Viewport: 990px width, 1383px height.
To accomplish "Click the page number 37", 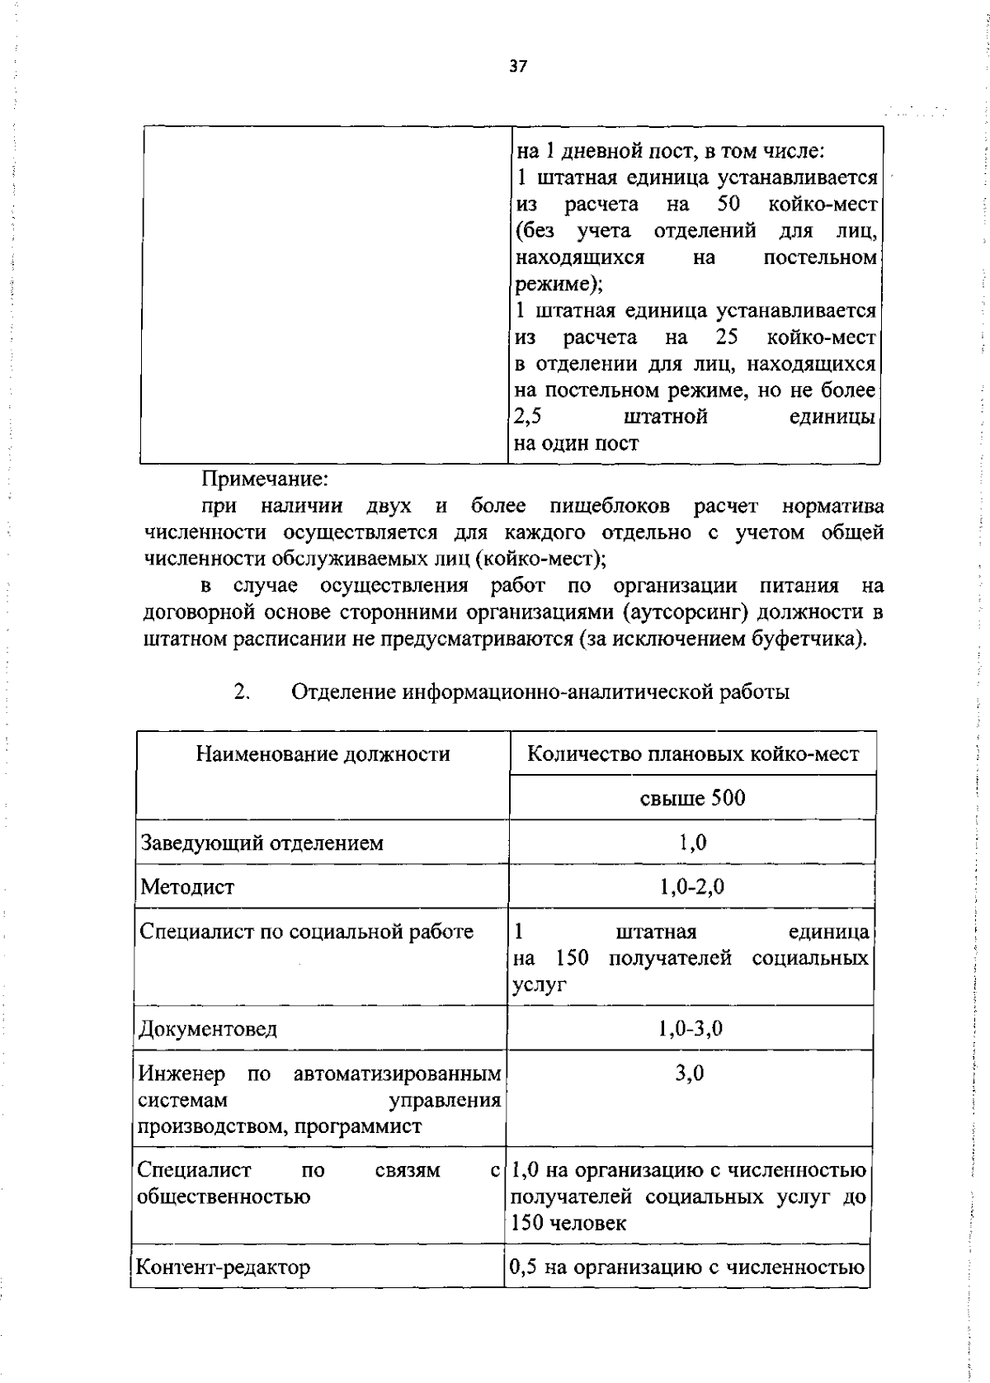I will click(517, 67).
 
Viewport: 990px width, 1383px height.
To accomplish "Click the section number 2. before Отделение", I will click(242, 691).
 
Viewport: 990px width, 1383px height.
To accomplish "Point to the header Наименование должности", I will click(323, 753).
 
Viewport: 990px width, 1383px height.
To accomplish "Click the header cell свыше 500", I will click(692, 798).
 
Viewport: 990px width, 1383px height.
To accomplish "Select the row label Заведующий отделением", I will click(262, 843).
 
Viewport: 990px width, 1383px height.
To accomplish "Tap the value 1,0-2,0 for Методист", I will click(691, 887).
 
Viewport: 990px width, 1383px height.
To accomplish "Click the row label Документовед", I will click(208, 1029).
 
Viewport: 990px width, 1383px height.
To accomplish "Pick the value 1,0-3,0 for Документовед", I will click(690, 1028).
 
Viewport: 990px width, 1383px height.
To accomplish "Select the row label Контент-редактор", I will click(223, 1267).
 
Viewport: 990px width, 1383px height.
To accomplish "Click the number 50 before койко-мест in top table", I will click(728, 204).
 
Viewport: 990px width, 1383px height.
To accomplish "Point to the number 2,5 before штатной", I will click(527, 417).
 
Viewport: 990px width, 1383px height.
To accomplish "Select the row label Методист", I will click(187, 887).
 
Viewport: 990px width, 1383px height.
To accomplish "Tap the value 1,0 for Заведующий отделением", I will click(692, 843).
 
